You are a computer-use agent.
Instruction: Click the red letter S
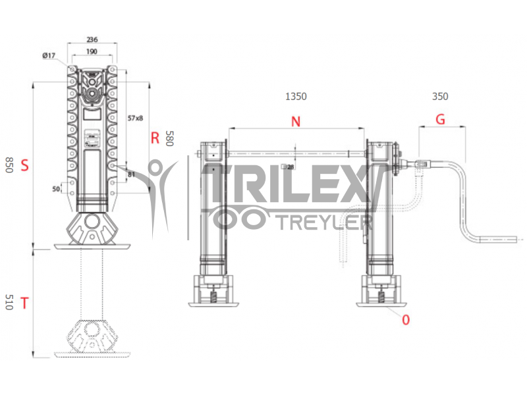point(24,165)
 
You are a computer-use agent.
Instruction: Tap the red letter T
point(24,303)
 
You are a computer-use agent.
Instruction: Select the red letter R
point(155,138)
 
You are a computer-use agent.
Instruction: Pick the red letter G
point(440,120)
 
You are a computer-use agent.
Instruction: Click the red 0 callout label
point(406,320)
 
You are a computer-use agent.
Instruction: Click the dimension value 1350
point(295,96)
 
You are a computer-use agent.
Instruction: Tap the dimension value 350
point(440,96)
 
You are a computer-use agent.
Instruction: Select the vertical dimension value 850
point(9,165)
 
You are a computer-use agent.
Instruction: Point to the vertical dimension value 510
point(9,303)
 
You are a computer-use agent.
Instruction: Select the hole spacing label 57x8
point(135,118)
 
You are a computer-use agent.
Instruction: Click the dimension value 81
point(131,174)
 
